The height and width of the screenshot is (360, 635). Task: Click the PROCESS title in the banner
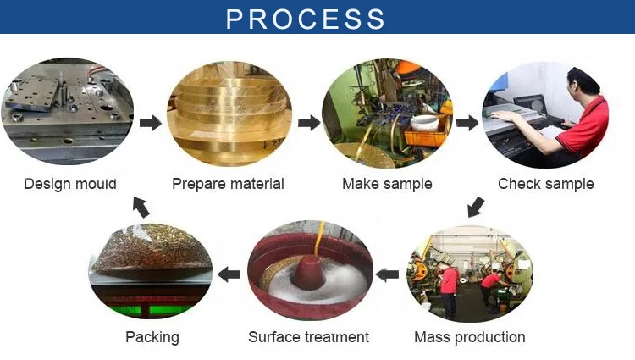(x=306, y=18)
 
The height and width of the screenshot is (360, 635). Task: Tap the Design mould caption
(x=70, y=184)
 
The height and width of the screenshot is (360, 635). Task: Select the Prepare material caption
(x=228, y=184)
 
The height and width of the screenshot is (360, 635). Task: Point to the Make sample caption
(x=387, y=184)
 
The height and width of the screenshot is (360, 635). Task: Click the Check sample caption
(x=545, y=184)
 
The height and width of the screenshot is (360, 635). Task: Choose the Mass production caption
(x=469, y=337)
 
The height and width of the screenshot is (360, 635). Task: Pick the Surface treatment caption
(x=308, y=337)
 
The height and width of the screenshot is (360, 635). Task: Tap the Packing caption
(x=152, y=337)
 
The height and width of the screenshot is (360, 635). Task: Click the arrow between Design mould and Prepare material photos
(x=150, y=124)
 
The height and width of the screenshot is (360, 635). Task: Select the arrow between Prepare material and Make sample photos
(x=309, y=124)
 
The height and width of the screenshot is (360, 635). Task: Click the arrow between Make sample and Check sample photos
(x=467, y=124)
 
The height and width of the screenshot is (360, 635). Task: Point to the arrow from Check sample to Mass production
(x=477, y=206)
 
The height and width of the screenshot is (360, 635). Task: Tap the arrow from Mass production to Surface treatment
(x=387, y=274)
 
